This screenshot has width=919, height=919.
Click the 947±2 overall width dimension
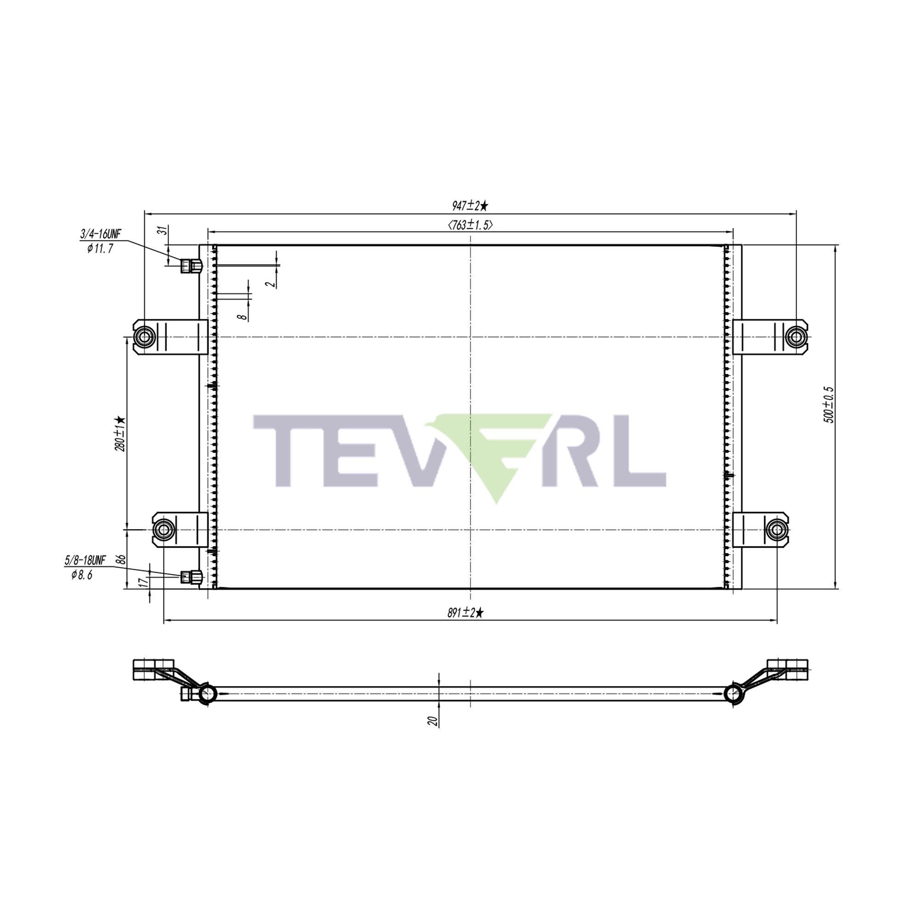coord(470,206)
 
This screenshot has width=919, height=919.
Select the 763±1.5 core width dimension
coord(470,225)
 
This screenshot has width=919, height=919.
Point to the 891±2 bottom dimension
coord(465,613)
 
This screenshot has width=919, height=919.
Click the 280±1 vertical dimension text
coord(120,433)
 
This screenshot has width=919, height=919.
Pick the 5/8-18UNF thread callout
coord(85,560)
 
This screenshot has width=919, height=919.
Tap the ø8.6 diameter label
coord(82,575)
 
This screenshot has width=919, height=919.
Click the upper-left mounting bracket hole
coord(144,337)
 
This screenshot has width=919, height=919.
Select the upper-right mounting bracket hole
coord(795,337)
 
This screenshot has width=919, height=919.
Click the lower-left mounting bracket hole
coord(163,529)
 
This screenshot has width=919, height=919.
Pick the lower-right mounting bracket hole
coord(776,529)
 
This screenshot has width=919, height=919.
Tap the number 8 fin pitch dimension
coord(244,315)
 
